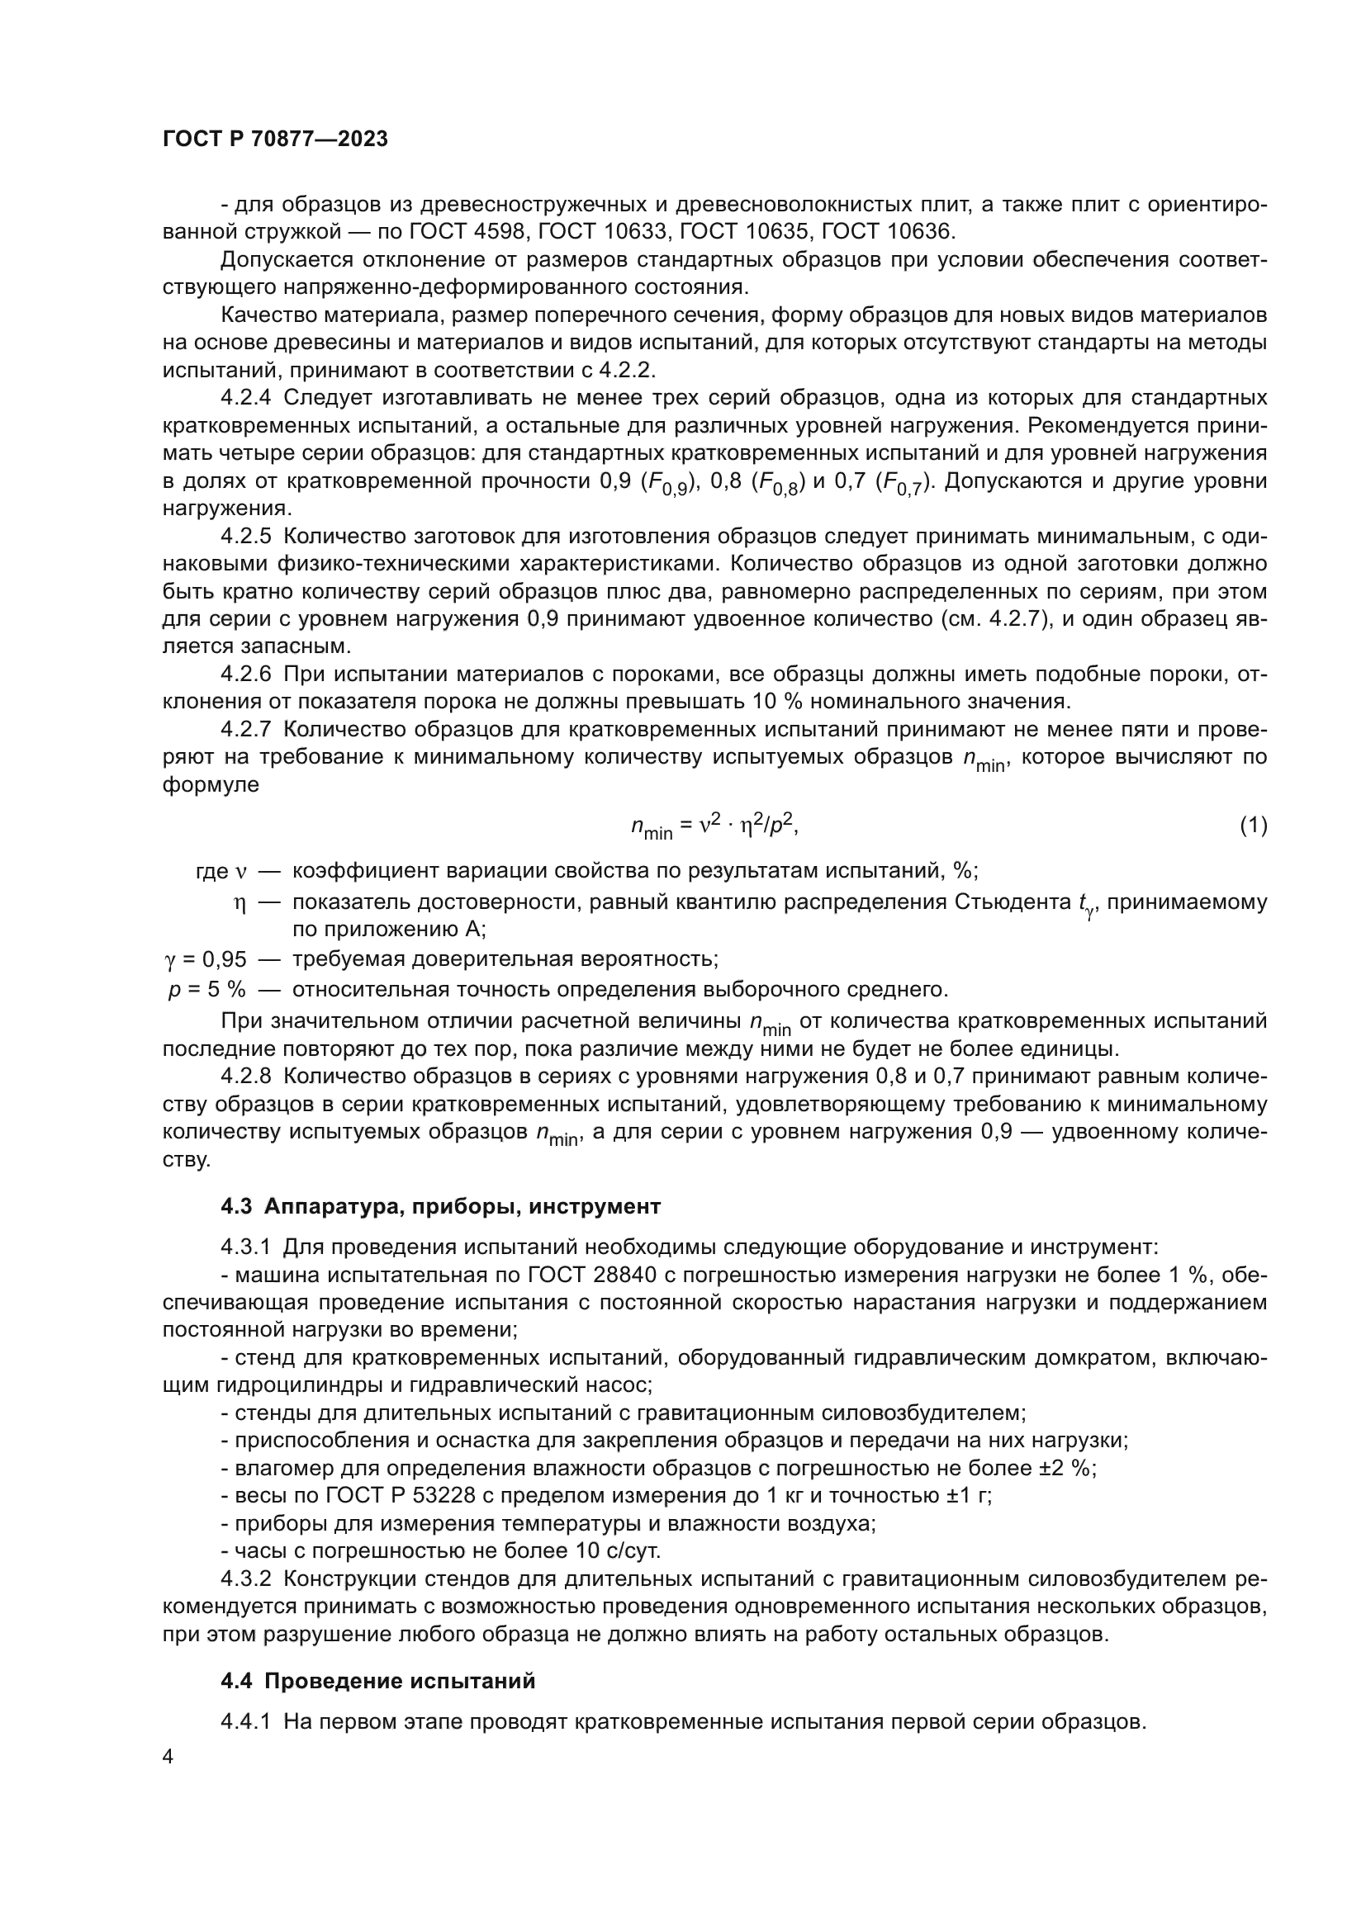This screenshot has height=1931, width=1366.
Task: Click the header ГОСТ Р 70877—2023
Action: pyautogui.click(x=275, y=140)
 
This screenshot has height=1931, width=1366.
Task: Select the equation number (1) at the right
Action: pyautogui.click(x=1254, y=826)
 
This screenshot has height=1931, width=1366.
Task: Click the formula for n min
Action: pyautogui.click(x=714, y=826)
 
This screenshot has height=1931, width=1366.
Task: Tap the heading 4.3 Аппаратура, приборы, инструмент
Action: pyautogui.click(x=440, y=1206)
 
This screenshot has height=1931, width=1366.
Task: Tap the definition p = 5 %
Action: pyautogui.click(x=207, y=990)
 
